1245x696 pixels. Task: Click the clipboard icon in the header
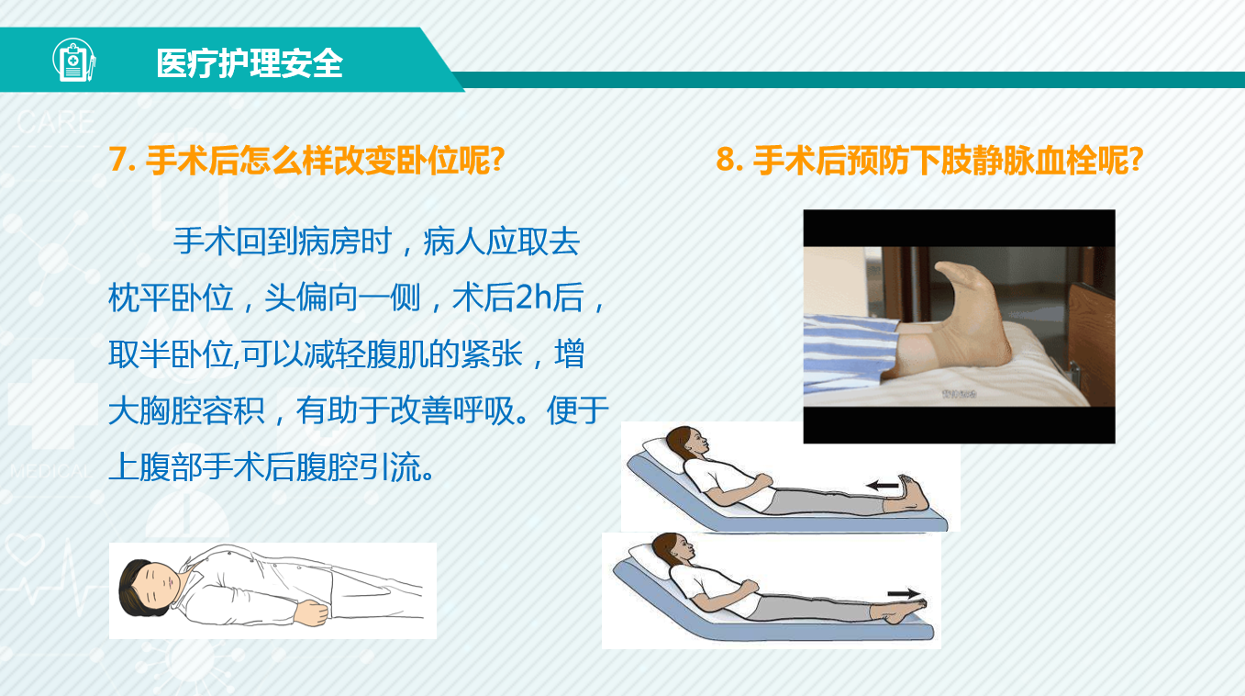pos(74,60)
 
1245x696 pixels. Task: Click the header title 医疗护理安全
pos(250,62)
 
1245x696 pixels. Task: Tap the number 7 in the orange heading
pos(117,159)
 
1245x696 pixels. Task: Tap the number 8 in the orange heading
pos(726,159)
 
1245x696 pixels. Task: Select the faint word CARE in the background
pos(56,122)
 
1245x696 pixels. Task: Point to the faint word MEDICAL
pos(51,471)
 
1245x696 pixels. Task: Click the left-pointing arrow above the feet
pos(883,486)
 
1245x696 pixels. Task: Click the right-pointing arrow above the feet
pos(904,594)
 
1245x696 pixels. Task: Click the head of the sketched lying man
pos(148,588)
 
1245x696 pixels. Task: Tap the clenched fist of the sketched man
pos(312,613)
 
